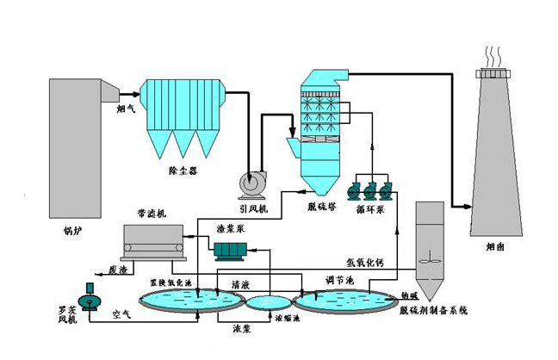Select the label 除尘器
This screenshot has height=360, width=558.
click(x=183, y=171)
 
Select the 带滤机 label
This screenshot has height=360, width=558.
click(x=151, y=213)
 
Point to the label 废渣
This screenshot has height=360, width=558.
click(x=118, y=269)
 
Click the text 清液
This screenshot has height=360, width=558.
click(x=241, y=284)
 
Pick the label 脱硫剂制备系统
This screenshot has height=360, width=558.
click(x=433, y=311)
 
